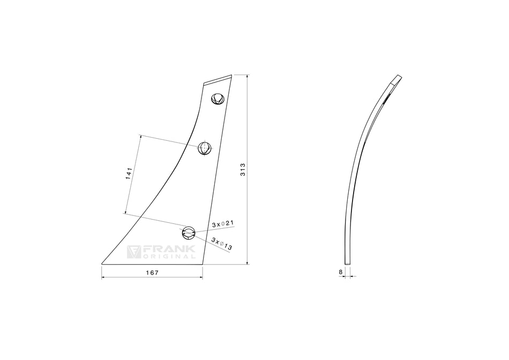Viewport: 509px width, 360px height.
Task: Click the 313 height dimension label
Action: [242, 171]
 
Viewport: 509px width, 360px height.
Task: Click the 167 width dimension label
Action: [152, 273]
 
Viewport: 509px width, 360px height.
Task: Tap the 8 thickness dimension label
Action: [341, 272]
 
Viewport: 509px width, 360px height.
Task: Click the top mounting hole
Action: [218, 99]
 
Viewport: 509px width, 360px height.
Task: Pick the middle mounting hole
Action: [204, 147]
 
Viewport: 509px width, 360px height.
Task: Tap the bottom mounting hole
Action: [189, 233]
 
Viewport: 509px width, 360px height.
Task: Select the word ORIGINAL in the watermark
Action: [169, 257]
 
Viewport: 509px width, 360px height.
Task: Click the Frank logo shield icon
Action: [134, 252]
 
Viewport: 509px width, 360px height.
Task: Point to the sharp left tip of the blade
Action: [102, 264]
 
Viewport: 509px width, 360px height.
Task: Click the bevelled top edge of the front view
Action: [218, 79]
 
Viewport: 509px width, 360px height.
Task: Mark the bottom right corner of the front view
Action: [203, 264]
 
